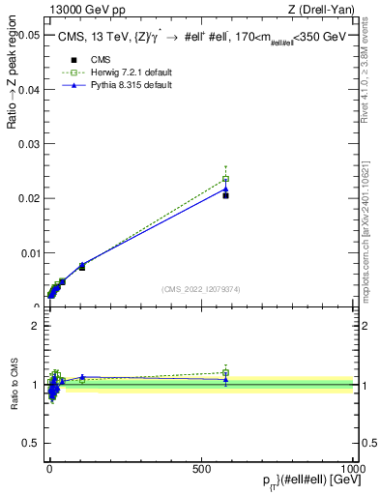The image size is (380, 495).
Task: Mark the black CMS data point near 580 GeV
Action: point(225,195)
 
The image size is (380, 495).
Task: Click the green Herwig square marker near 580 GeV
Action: point(225,179)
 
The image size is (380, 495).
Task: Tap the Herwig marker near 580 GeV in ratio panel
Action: point(225,372)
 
